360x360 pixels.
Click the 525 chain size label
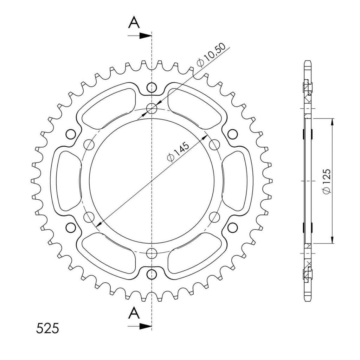point(47,328)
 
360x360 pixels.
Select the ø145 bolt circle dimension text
point(178,152)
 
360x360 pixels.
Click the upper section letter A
point(134,22)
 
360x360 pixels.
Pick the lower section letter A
point(134,313)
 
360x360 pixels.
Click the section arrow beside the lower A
point(140,326)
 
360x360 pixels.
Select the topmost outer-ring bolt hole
point(152,88)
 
